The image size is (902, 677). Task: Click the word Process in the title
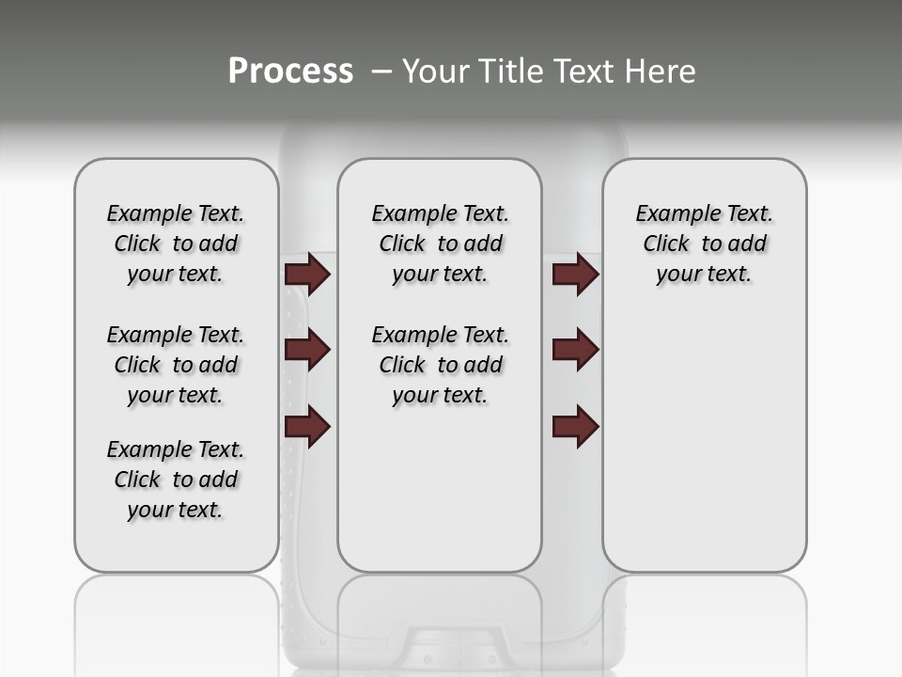pos(290,71)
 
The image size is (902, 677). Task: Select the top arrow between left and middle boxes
pos(307,275)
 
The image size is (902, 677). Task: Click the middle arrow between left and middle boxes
pos(307,350)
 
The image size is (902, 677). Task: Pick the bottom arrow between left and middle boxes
pos(307,426)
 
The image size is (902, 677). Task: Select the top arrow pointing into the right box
pos(575,275)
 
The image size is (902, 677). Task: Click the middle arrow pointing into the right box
pos(575,350)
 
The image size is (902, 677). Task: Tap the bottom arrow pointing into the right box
pos(575,426)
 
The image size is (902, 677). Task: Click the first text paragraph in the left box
pos(176,244)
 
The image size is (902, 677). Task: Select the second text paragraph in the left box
pos(176,365)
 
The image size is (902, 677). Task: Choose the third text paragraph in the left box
pos(176,480)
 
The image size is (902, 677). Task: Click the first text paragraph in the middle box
pos(440,244)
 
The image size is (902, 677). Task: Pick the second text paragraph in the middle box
pos(440,365)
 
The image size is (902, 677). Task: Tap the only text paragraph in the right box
pos(704,244)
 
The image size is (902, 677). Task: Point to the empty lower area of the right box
pos(704,451)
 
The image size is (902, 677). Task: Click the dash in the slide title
pos(381,72)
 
